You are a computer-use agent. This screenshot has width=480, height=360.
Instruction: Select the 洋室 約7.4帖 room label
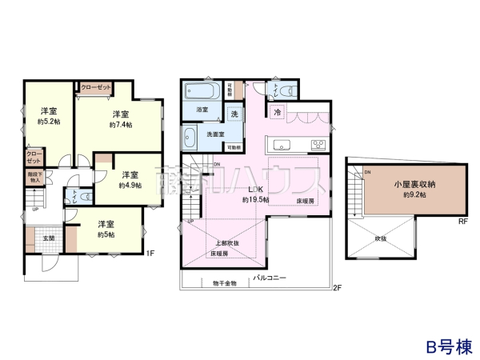(121, 119)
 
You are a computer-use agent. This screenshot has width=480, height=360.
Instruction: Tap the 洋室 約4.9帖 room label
(129, 179)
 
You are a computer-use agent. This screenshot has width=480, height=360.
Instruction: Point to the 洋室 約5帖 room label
(106, 229)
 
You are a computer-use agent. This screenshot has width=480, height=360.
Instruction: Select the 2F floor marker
(337, 286)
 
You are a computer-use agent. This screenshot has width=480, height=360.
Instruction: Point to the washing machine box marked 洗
(234, 114)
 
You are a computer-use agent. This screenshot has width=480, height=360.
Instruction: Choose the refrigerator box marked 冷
(277, 113)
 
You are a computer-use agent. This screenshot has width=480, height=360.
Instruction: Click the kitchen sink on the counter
(284, 145)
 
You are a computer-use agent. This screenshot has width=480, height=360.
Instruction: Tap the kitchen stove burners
(318, 145)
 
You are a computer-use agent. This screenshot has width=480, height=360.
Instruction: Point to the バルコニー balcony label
(270, 277)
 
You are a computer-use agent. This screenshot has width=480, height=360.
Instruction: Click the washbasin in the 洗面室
(191, 136)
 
